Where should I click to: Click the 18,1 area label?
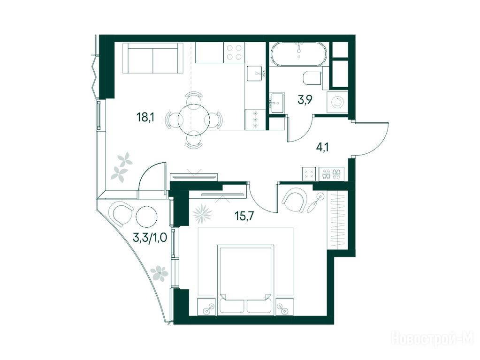pos(145,117)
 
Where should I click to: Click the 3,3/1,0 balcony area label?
pos(150,238)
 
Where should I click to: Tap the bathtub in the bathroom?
pos(298,54)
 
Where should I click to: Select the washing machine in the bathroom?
pos(338,102)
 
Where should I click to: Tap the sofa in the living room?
pos(153,58)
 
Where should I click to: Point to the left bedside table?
pos(207,307)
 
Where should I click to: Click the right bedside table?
pos(285,307)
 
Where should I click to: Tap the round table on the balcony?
pos(146,216)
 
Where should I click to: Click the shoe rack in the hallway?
pos(332,174)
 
